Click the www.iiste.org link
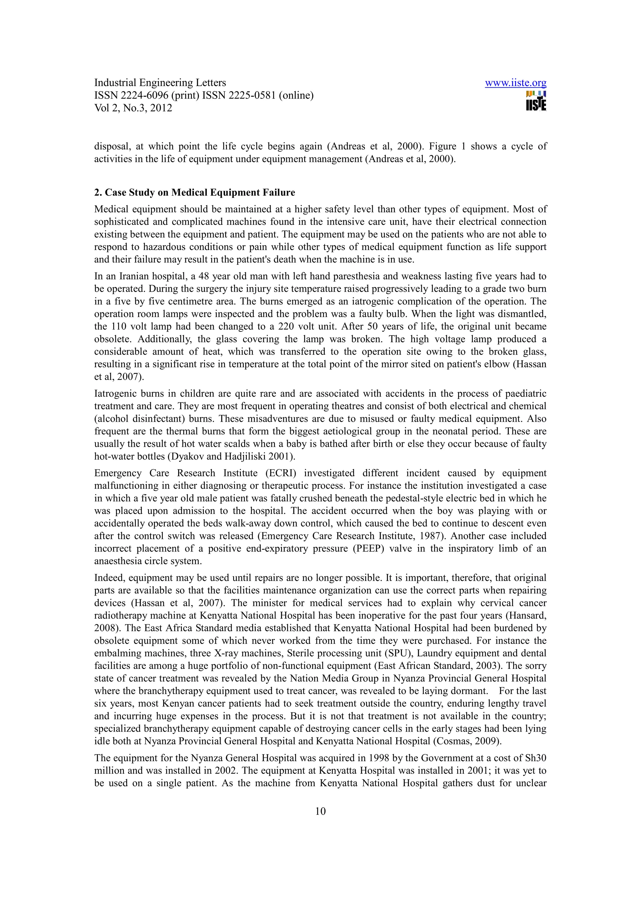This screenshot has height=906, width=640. (x=515, y=83)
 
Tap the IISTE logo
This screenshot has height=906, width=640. (x=536, y=101)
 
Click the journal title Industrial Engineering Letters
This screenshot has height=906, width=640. (x=160, y=83)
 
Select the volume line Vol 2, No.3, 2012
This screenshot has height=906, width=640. (x=133, y=108)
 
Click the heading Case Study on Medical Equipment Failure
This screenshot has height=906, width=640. (x=194, y=193)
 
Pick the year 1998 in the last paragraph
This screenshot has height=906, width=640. (x=380, y=758)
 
